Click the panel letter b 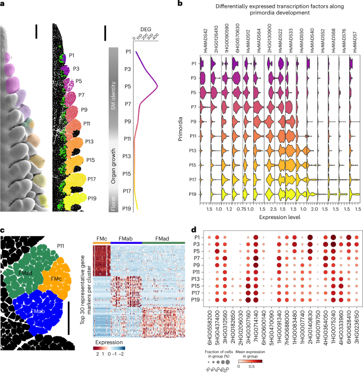click(181, 4)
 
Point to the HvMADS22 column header click(279, 40)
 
